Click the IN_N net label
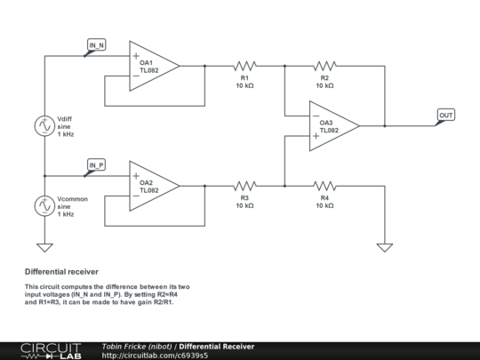tap(96, 45)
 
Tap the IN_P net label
tap(96, 165)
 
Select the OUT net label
tap(446, 115)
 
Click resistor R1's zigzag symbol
tap(245, 66)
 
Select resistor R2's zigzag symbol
tap(324, 66)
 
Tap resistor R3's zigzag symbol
tap(245, 186)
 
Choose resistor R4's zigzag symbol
tap(324, 186)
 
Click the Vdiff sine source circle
tap(44, 126)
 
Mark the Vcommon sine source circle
tap(44, 206)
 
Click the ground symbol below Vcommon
tap(44, 247)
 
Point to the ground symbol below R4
tap(385, 247)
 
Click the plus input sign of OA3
tap(316, 136)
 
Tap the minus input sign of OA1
tap(136, 76)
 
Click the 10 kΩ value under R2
tap(324, 85)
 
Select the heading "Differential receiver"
tap(61, 272)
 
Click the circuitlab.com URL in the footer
tap(155, 356)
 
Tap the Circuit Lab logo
tap(52, 351)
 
